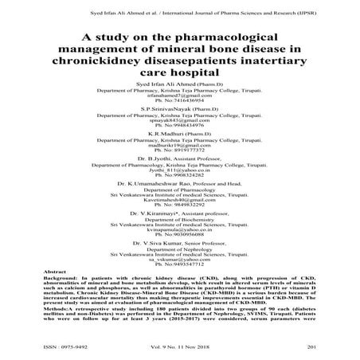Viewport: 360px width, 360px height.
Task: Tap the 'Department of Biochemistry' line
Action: pos(179,244)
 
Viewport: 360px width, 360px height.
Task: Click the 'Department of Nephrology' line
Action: pos(179,270)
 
